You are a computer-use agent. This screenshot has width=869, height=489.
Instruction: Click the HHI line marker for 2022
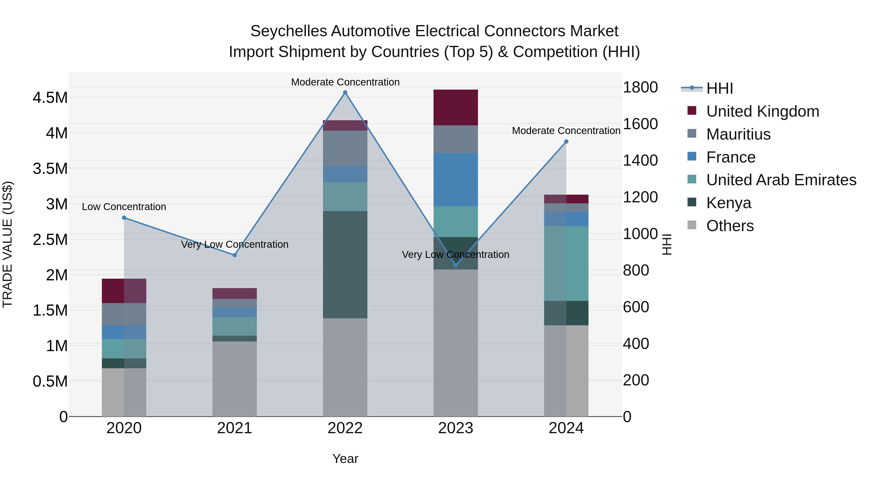click(x=345, y=92)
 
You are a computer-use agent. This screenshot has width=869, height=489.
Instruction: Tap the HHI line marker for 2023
click(x=456, y=265)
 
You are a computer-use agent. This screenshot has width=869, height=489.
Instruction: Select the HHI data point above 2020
click(x=124, y=218)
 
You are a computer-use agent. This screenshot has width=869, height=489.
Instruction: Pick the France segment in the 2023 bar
click(x=456, y=179)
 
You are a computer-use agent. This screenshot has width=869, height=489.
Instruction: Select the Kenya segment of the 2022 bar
click(x=345, y=265)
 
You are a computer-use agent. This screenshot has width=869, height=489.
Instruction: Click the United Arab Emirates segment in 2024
click(x=566, y=263)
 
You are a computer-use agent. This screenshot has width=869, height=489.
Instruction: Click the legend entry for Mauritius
click(x=738, y=134)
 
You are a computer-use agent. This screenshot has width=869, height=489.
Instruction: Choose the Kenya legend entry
click(x=729, y=203)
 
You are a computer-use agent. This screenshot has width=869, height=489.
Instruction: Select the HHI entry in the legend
click(x=719, y=88)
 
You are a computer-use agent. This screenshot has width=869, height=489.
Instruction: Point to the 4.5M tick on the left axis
click(x=50, y=98)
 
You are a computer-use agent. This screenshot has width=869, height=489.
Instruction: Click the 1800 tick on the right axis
click(x=640, y=87)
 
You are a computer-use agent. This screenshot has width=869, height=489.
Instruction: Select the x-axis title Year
click(x=345, y=459)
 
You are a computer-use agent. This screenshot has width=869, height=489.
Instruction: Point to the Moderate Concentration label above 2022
click(x=345, y=82)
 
